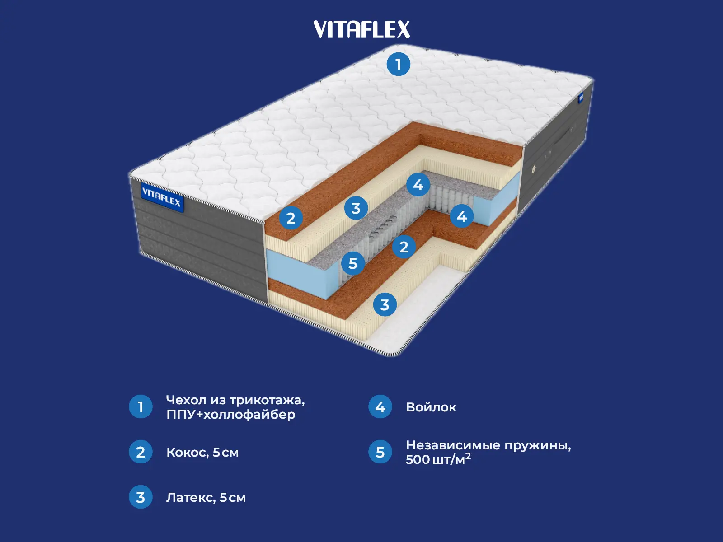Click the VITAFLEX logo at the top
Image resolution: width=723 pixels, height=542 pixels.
coord(361,30)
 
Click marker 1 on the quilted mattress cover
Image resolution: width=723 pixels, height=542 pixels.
coord(398,64)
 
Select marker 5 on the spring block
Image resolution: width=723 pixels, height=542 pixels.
coord(353,263)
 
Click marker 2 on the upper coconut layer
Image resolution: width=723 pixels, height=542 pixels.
coord(291,218)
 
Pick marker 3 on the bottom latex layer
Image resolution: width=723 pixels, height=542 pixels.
coord(385,304)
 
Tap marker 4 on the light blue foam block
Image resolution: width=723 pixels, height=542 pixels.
coord(461,216)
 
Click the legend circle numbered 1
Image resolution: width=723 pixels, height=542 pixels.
coord(141,406)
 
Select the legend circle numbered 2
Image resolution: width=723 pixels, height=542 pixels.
coord(141,452)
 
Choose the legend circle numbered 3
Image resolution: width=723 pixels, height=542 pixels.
coord(141,497)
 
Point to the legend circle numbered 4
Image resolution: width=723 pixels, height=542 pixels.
coord(380,406)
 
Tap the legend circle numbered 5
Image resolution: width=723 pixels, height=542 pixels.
coord(380,452)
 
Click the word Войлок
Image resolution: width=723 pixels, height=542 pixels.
coord(431,407)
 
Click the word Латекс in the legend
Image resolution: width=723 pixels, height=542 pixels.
coord(190,498)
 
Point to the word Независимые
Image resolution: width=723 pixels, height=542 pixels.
coord(452,445)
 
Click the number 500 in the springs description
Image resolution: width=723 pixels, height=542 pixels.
coord(418,460)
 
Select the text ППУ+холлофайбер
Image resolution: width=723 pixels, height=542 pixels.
coord(230,415)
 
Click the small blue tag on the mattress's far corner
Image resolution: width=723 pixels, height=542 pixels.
coord(581,97)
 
